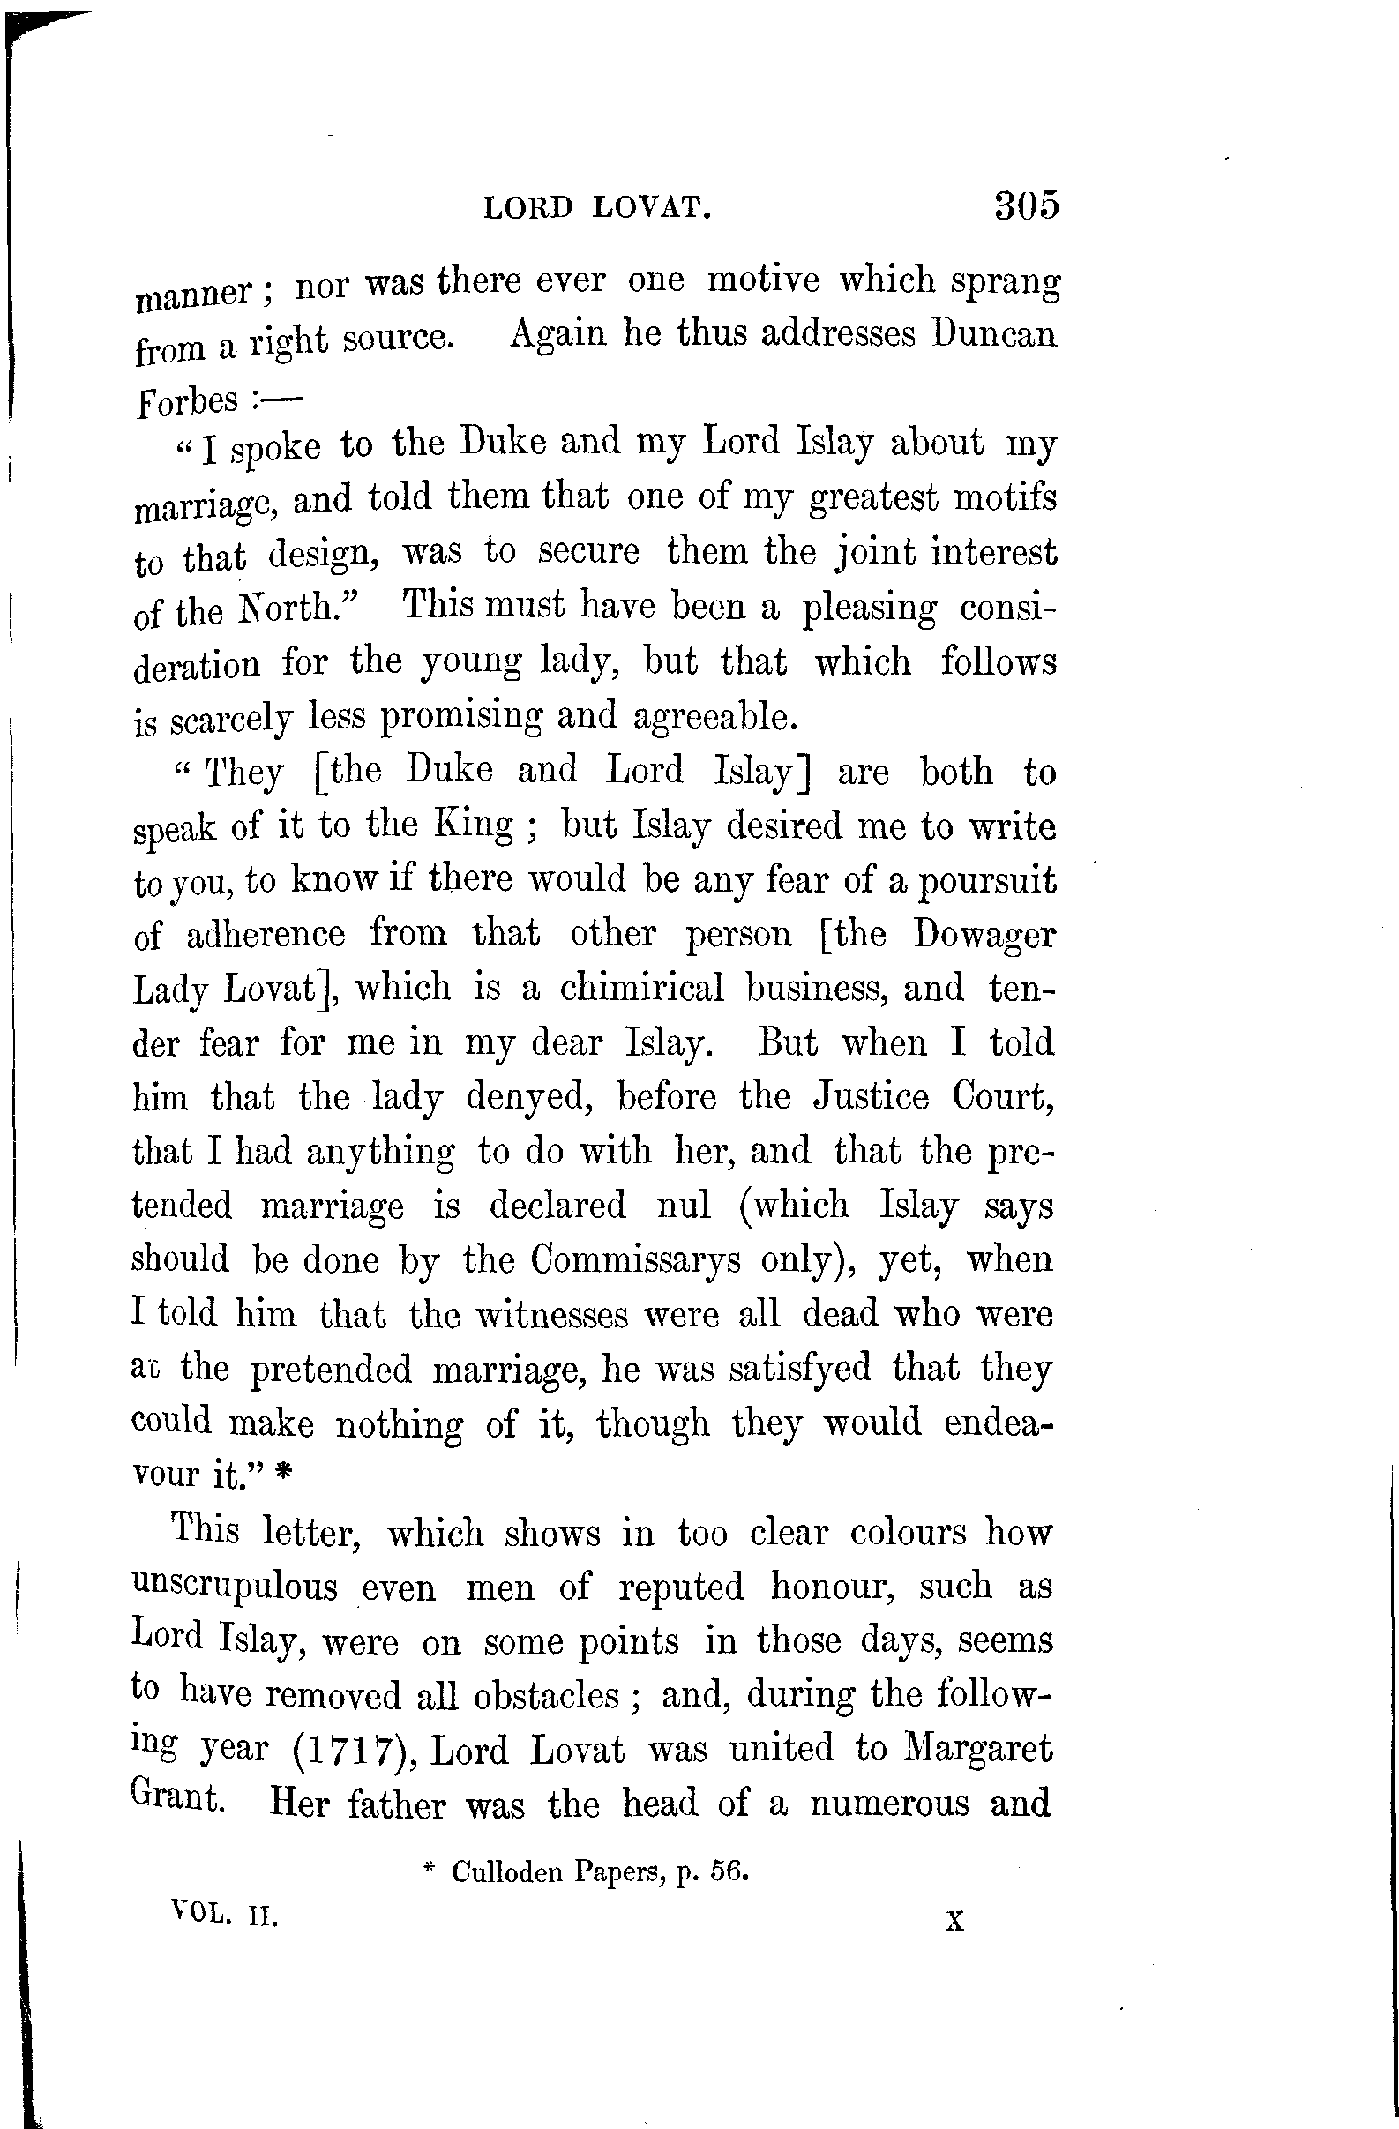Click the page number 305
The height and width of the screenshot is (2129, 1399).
click(1025, 205)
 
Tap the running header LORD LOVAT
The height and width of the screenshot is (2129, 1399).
click(597, 208)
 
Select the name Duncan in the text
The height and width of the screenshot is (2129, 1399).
click(994, 334)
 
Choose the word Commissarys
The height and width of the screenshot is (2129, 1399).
click(635, 1259)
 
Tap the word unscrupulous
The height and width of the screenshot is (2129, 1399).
click(235, 1586)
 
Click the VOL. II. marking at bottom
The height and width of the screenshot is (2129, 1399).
click(225, 1917)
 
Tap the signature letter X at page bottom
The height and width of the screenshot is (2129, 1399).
click(954, 1921)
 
